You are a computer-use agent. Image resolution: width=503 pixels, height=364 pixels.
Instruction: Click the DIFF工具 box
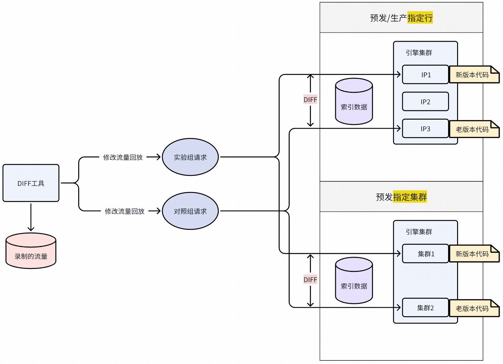[x=31, y=183]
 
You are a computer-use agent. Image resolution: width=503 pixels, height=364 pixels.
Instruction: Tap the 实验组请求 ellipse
[x=190, y=157]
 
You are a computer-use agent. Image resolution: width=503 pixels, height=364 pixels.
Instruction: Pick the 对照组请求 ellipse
[x=190, y=211]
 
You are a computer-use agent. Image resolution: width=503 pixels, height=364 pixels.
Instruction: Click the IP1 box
[x=425, y=75]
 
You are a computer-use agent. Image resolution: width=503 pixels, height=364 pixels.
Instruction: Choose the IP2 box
[x=425, y=102]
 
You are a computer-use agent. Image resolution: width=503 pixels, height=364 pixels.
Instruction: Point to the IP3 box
[x=425, y=129]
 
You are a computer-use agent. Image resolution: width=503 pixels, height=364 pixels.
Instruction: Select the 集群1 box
[x=425, y=254]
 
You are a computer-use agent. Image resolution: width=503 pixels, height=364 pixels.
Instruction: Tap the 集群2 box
[x=425, y=308]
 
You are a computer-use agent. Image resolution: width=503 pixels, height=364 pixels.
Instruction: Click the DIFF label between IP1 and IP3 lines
[x=310, y=100]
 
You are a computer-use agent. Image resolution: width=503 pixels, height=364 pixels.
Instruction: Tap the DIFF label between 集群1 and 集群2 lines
[x=310, y=280]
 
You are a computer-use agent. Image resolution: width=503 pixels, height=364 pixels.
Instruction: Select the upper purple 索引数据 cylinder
[x=354, y=102]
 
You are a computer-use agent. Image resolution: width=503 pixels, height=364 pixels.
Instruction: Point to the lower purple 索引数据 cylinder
[x=354, y=281]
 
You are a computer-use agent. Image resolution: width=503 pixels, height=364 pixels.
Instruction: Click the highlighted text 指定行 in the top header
[x=420, y=18]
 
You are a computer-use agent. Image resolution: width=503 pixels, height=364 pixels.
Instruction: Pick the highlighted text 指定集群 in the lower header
[x=410, y=197]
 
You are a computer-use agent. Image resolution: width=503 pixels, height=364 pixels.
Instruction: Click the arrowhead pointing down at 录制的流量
[x=31, y=229]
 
